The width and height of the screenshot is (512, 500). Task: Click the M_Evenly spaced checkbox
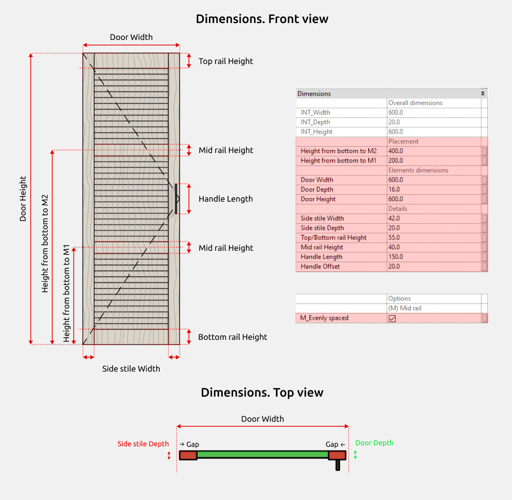[x=392, y=318]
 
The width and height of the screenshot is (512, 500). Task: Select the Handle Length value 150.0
[x=396, y=257]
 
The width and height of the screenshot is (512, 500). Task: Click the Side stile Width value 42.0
[x=394, y=219]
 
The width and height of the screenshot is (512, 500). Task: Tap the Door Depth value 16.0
[x=394, y=189]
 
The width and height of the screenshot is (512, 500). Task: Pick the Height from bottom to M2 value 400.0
[x=396, y=151]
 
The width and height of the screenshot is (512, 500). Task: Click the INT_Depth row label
[x=315, y=122]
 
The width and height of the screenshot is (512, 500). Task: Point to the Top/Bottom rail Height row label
[x=333, y=237]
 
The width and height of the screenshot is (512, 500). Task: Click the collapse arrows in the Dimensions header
[x=483, y=94]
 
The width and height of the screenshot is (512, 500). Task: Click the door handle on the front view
[x=176, y=199]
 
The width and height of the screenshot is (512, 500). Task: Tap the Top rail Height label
[x=226, y=61]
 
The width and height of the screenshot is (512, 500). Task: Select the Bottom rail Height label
[x=232, y=337]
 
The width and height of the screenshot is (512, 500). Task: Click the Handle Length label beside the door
[x=226, y=199]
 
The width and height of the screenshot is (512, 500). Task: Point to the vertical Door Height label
[x=23, y=199]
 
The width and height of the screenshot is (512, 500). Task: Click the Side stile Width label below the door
[x=131, y=369]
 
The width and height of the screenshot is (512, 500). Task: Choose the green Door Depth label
[x=374, y=443]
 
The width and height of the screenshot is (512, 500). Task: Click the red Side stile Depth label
[x=143, y=444]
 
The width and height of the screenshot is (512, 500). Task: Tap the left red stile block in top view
[x=188, y=455]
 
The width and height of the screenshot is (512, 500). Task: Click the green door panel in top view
[x=263, y=454]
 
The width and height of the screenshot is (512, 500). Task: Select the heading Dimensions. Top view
[x=262, y=393]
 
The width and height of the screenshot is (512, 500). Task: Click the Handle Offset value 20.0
[x=394, y=266]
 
